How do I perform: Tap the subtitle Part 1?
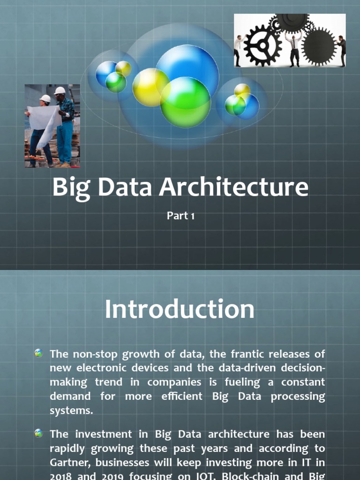click(x=180, y=216)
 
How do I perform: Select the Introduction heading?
click(x=180, y=310)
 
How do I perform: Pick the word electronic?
click(x=108, y=368)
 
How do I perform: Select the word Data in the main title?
click(x=126, y=187)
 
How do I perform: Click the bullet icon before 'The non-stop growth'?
click(x=38, y=353)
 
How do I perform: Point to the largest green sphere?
click(x=186, y=102)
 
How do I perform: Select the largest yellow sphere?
click(x=150, y=87)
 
